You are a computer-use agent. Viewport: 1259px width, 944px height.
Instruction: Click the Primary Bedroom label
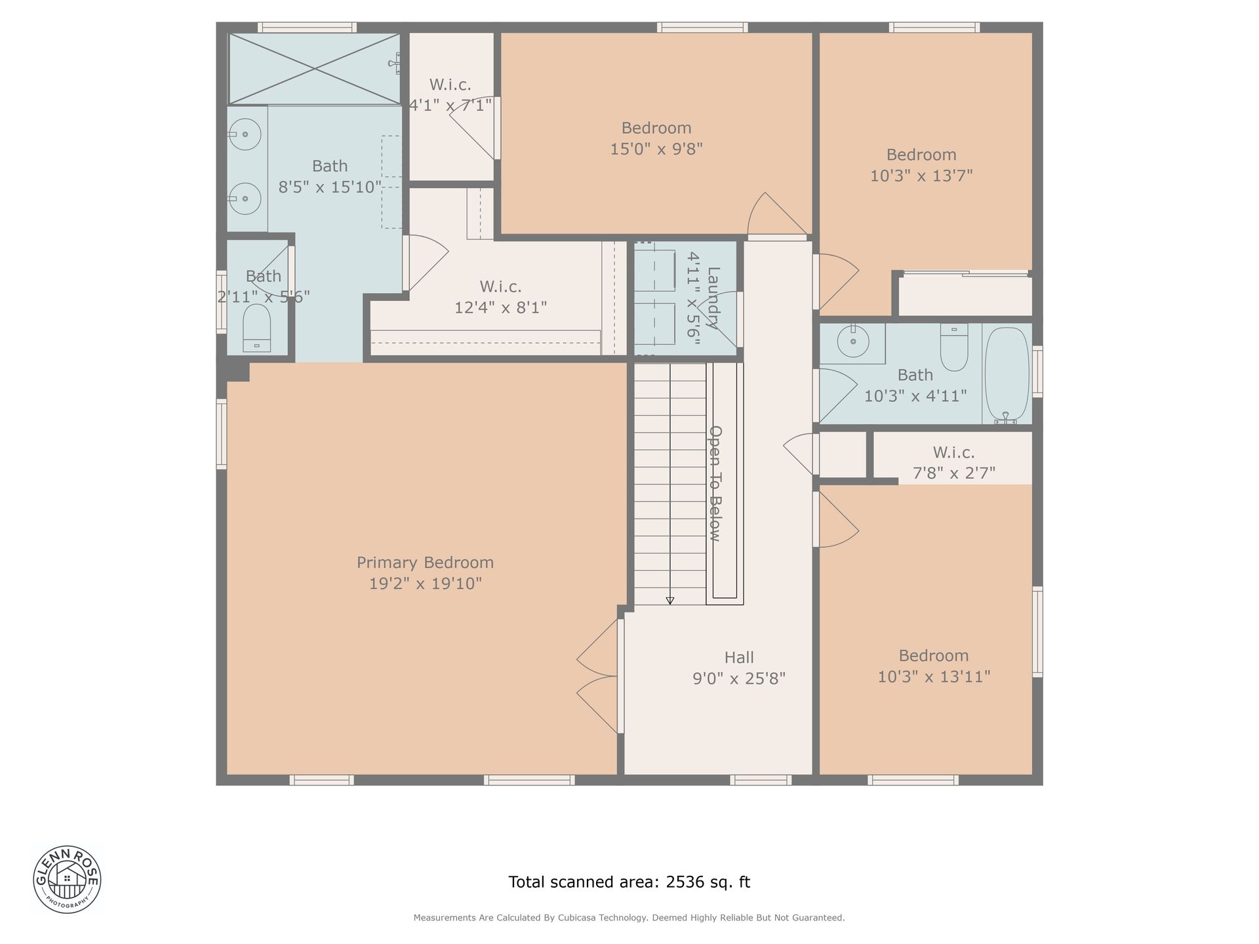(x=425, y=573)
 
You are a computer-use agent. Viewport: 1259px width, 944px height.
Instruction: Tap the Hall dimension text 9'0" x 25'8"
(x=739, y=678)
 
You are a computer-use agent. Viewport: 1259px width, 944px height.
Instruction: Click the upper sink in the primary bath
(x=245, y=135)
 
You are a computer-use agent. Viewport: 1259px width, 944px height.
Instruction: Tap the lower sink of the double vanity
(x=245, y=198)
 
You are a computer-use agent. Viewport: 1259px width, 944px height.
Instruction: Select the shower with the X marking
(x=315, y=68)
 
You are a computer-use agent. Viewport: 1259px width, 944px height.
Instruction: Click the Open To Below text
(x=715, y=484)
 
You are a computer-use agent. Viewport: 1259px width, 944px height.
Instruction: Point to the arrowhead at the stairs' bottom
(x=669, y=600)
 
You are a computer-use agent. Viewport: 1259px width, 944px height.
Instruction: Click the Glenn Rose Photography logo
(x=67, y=878)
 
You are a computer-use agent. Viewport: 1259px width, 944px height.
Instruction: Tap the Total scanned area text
(x=629, y=882)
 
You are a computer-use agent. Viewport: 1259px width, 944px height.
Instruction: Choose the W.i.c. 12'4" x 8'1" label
(x=501, y=297)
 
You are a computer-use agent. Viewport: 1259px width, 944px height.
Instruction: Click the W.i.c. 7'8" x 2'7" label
(x=954, y=462)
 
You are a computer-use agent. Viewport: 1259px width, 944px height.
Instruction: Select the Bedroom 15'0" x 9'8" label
(x=656, y=138)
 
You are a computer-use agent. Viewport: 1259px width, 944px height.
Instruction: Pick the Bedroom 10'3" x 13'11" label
(x=934, y=666)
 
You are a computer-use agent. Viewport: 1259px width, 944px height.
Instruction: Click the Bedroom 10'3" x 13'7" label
(x=921, y=165)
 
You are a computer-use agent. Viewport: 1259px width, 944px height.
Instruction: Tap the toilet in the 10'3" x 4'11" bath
(x=954, y=347)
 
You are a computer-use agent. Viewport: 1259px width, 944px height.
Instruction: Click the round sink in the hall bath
(x=853, y=342)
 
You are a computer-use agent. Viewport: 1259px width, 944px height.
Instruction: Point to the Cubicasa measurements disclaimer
(x=629, y=918)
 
